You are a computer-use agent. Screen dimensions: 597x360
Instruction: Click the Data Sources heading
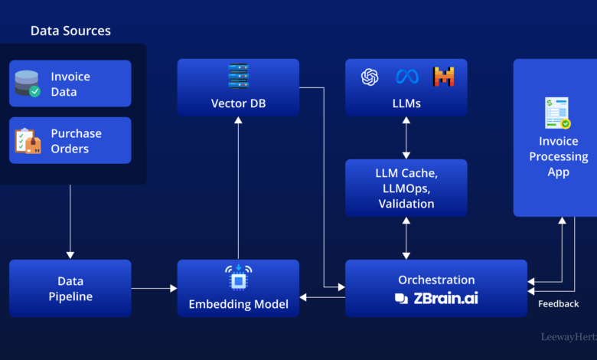pos(70,31)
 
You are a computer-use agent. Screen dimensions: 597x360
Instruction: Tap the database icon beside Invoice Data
pos(28,83)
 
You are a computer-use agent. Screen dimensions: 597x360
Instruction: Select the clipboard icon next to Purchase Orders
pos(28,141)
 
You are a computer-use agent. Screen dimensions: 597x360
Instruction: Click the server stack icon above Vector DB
pos(238,76)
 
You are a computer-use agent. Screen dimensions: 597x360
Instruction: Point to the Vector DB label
pos(238,103)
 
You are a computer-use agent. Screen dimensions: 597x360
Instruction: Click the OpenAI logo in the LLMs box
pos(370,77)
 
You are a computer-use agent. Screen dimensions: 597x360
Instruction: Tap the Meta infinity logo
pos(407,77)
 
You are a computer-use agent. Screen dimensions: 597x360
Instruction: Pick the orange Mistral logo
pos(444,77)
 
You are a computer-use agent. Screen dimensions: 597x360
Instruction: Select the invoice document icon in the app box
pos(558,113)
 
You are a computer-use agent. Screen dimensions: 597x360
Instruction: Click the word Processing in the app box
pos(559,156)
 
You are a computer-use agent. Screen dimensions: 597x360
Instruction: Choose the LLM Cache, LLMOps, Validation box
pos(406,188)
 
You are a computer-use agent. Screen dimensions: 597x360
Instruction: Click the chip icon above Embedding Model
pos(238,278)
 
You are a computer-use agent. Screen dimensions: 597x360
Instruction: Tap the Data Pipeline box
pos(70,288)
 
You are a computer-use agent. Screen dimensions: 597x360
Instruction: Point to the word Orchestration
pos(436,280)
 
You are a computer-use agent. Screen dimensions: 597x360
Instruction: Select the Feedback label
pos(559,303)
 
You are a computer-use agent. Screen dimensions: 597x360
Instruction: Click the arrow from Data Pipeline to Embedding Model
pos(154,288)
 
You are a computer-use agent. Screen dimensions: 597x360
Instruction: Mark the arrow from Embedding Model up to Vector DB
pos(238,188)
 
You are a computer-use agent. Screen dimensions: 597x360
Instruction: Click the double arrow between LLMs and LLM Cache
pos(406,138)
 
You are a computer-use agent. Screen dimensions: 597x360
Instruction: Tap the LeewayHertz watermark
pos(569,337)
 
